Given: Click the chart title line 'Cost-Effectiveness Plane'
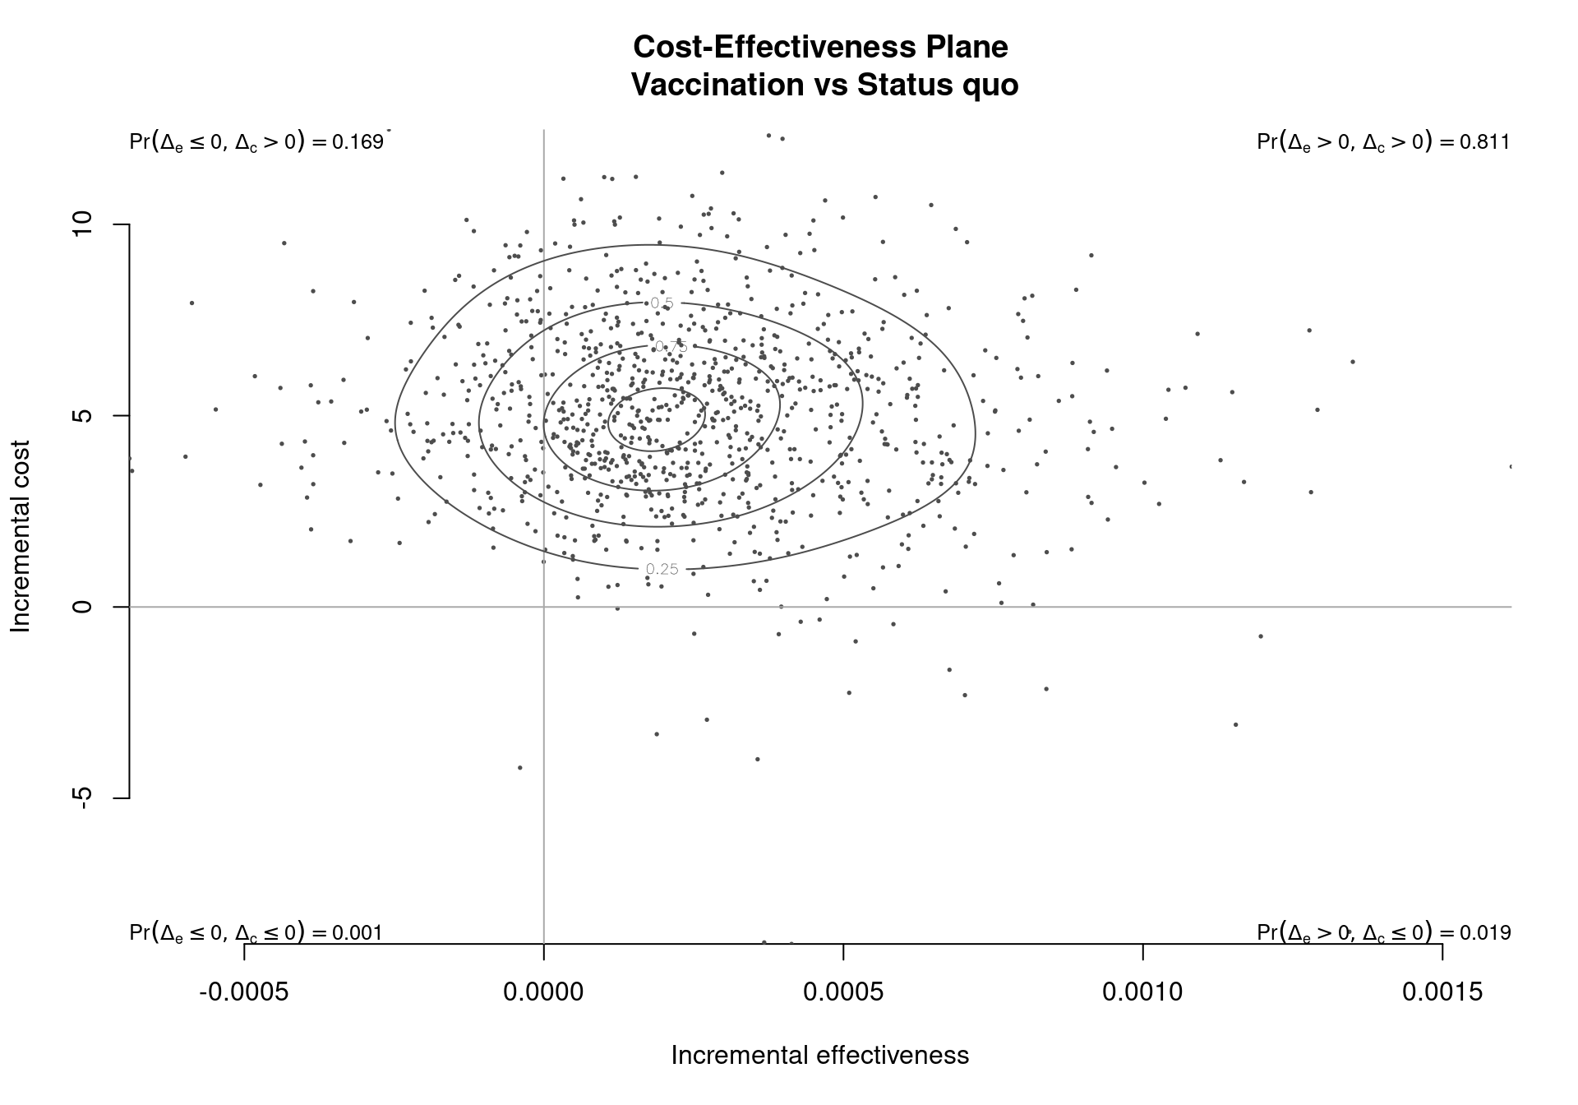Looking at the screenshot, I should click(x=820, y=47).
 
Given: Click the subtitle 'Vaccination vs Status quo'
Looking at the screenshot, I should click(x=824, y=85).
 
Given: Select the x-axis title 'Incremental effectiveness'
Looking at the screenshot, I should click(x=820, y=1055).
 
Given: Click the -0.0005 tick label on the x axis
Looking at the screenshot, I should click(x=244, y=992).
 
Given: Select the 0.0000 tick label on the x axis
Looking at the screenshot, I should click(x=544, y=992).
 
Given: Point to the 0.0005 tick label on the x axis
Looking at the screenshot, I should click(x=843, y=992).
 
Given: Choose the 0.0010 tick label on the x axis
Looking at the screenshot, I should click(x=1142, y=992).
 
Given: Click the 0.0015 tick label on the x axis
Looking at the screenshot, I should click(x=1442, y=992).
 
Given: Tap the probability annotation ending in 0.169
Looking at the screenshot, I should click(x=256, y=142).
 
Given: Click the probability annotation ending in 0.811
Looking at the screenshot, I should click(x=1383, y=142).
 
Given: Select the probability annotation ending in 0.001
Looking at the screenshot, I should click(x=256, y=932).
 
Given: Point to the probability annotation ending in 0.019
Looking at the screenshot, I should click(x=1383, y=932).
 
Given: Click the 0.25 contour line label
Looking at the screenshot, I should click(x=662, y=569).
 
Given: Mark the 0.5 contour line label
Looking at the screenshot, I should click(x=662, y=303).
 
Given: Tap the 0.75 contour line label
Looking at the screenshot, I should click(x=671, y=347).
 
